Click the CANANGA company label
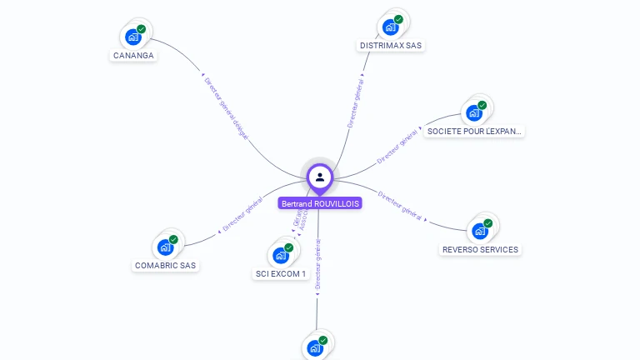click(133, 56)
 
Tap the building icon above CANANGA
click(133, 37)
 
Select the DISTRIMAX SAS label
click(391, 45)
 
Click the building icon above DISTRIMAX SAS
click(390, 26)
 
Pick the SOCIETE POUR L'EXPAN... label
click(474, 131)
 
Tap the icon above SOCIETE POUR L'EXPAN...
click(475, 112)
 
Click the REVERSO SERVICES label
click(480, 249)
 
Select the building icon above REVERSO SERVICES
click(480, 231)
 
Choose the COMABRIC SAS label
click(166, 266)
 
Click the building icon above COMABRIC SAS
click(166, 247)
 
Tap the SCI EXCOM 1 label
click(281, 273)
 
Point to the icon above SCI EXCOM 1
click(281, 255)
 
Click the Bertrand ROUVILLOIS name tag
click(320, 203)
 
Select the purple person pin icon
click(320, 177)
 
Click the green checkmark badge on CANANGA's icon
click(142, 29)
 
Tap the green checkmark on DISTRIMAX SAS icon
click(398, 19)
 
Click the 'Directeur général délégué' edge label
click(227, 109)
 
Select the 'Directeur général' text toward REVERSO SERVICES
click(401, 206)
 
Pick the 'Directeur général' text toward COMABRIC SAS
click(243, 214)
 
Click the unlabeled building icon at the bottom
click(315, 347)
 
